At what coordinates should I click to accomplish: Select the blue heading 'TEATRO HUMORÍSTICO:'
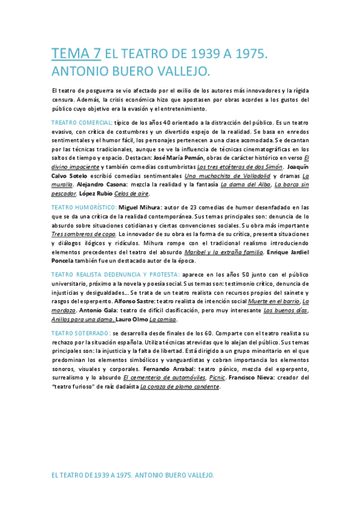[x=84, y=207]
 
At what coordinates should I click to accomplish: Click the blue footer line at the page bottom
[x=133, y=475]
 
